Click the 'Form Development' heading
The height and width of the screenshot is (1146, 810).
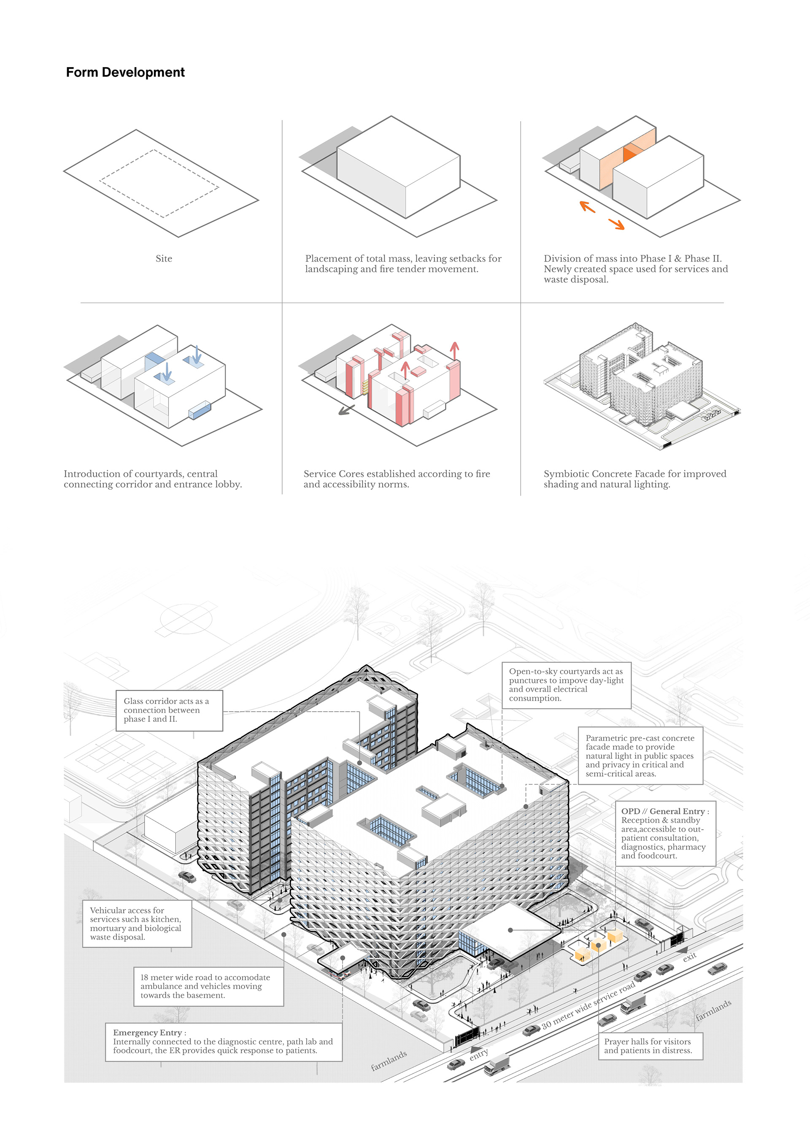[125, 72]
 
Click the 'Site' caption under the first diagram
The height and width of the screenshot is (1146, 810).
[164, 259]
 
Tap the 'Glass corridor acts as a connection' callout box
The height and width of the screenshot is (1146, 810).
[169, 710]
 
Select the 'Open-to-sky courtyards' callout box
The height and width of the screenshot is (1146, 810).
[566, 685]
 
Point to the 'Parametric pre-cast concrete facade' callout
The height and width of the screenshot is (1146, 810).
[640, 756]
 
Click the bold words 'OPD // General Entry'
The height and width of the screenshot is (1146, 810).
[663, 812]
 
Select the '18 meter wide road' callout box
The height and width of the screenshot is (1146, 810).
[208, 986]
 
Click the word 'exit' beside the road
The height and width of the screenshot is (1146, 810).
[689, 957]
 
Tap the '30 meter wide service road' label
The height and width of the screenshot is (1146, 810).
[589, 1004]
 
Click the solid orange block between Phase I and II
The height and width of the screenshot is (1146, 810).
[631, 151]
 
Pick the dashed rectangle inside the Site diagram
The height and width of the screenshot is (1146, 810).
[159, 183]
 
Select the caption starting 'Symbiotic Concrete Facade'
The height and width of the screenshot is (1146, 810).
[634, 479]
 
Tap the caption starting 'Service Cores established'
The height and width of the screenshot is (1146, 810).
[397, 479]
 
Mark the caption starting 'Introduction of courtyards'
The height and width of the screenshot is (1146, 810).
[152, 479]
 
